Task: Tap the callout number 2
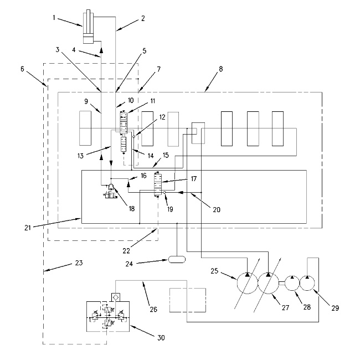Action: coord(142,18)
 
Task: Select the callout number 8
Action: coord(221,71)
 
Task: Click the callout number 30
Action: coord(161,337)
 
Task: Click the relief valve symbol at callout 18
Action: coord(111,192)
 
